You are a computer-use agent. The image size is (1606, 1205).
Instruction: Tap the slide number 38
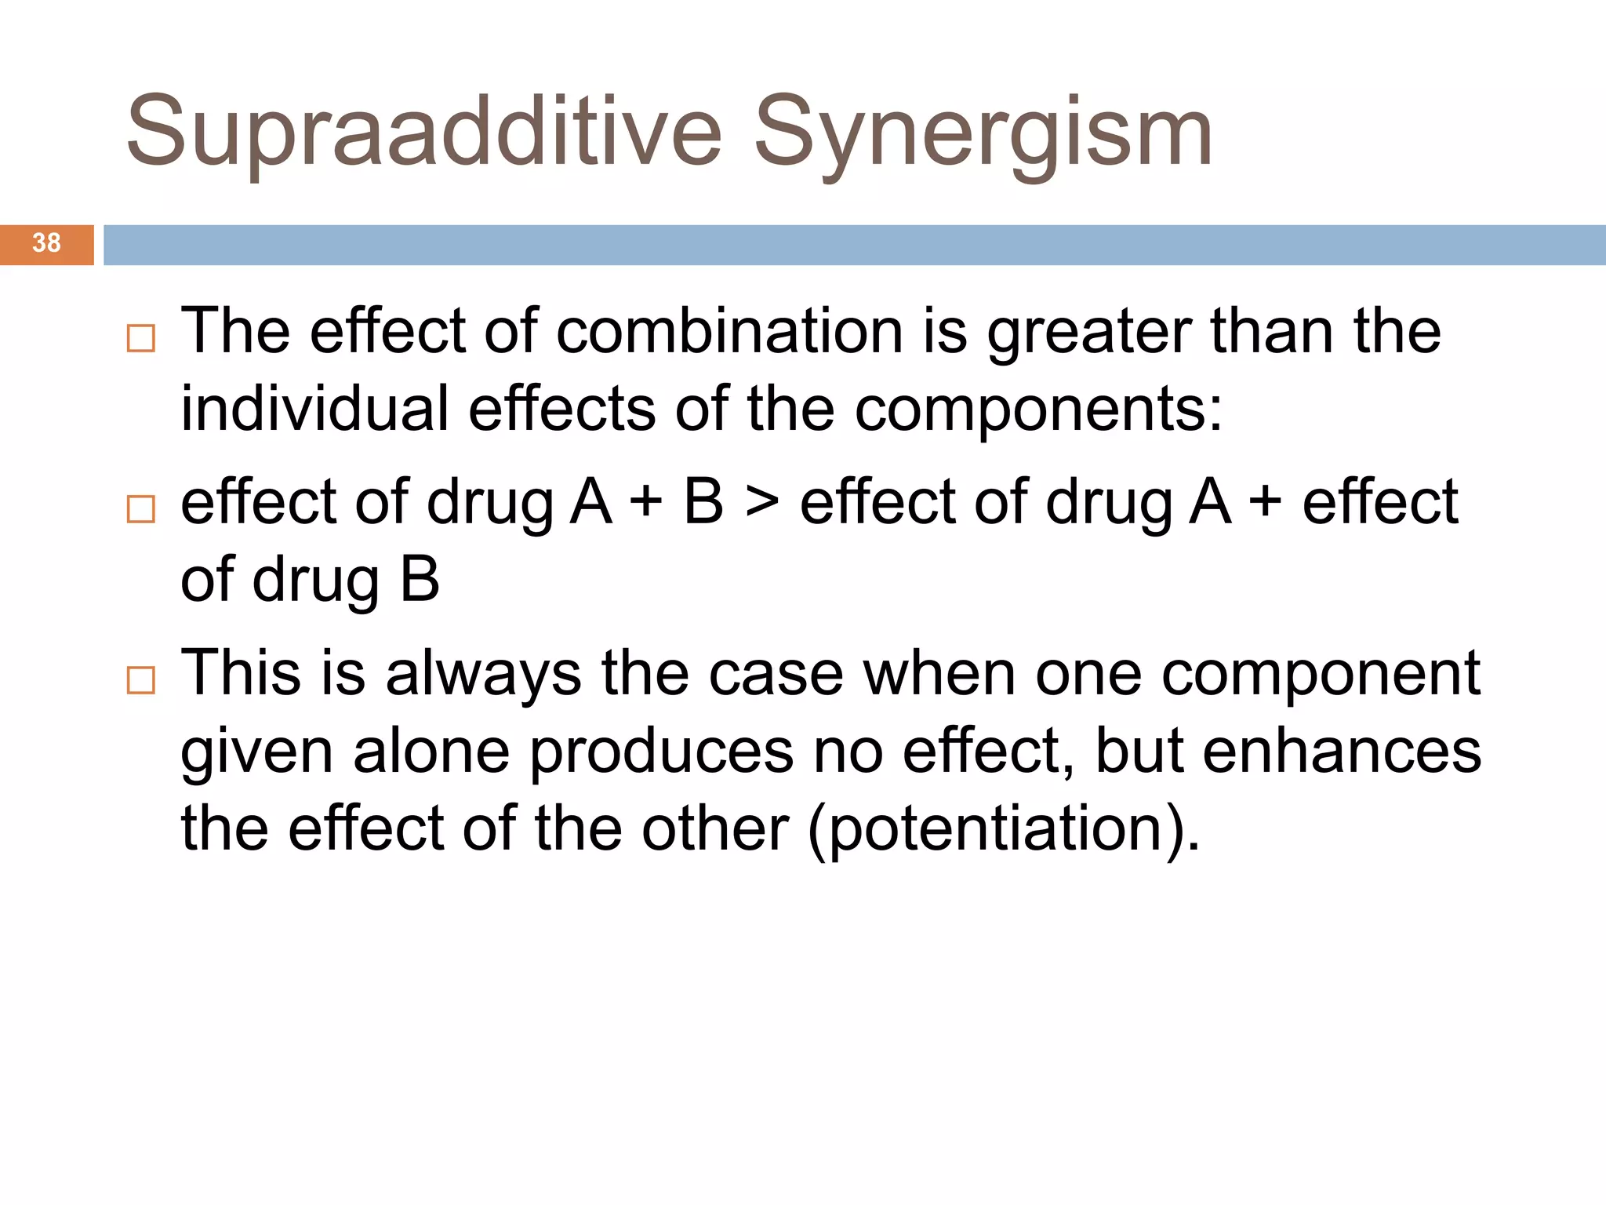coord(46,243)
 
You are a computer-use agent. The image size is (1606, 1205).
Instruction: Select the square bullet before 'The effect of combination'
coord(141,338)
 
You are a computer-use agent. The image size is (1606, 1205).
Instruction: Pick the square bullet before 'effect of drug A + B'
coord(141,509)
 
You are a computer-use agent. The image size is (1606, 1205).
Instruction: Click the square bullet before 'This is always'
coord(141,680)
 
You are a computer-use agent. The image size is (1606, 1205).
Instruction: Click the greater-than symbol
coord(761,502)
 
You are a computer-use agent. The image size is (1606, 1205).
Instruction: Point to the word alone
coord(431,752)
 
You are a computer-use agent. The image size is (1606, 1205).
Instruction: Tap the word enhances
coord(1342,752)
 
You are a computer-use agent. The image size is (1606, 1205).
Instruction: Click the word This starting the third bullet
coord(241,673)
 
